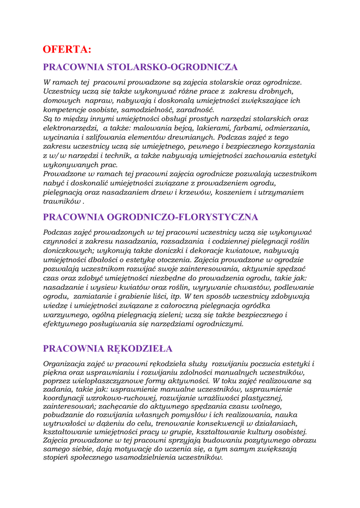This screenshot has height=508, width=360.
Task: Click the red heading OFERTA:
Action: click(67, 49)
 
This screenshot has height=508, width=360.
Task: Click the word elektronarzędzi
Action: click(71, 128)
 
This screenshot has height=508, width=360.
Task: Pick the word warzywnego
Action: click(66, 315)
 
